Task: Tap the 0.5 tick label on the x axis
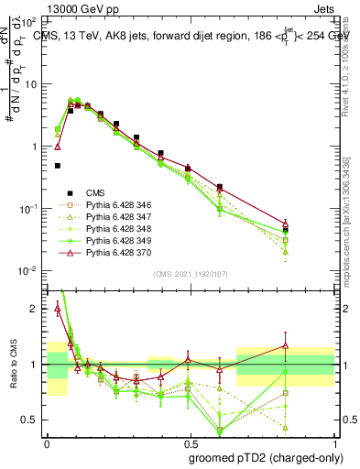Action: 191,442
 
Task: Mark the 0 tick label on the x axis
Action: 47,442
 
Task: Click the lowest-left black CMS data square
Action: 58,166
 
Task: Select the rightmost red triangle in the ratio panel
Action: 286,346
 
